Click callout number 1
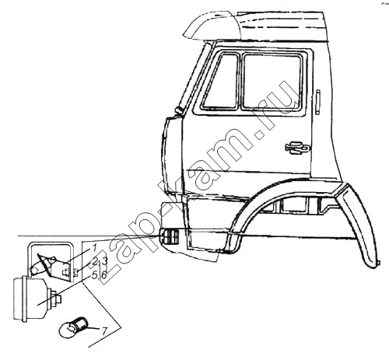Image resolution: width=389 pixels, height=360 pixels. [93, 248]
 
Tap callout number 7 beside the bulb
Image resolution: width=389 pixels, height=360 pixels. [104, 331]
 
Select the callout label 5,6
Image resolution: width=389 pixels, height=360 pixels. [100, 275]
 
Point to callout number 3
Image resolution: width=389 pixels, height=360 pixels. [104, 261]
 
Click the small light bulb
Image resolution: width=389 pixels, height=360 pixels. [74, 327]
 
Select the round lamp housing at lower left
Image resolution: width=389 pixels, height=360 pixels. [30, 299]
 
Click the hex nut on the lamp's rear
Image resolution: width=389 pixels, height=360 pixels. [55, 299]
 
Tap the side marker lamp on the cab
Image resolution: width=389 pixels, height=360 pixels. [169, 237]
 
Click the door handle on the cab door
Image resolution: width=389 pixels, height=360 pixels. [298, 148]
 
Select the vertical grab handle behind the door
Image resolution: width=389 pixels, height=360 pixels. [318, 102]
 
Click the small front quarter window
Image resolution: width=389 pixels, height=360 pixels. [221, 82]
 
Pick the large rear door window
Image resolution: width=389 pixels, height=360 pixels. [272, 82]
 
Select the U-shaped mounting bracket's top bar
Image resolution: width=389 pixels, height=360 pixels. [51, 243]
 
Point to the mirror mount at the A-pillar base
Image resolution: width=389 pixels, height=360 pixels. [179, 110]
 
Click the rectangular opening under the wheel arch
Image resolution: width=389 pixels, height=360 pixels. [293, 203]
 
